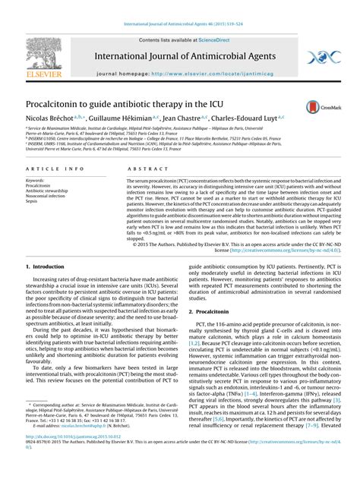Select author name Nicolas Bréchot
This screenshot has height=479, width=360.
coord(54,119)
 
